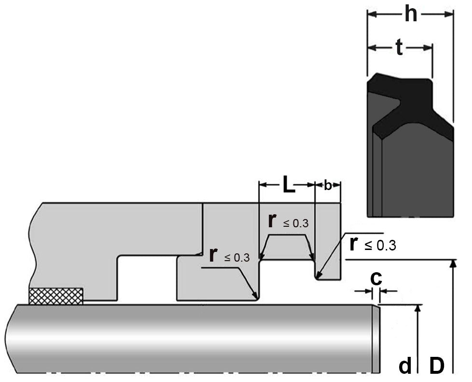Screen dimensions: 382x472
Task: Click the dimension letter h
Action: [x=411, y=15]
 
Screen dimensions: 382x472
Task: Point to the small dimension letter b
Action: [x=328, y=185]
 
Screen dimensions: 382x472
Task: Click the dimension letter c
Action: [x=375, y=278]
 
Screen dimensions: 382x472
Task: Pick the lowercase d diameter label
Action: [x=405, y=366]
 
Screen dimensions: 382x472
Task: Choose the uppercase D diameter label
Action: [x=436, y=366]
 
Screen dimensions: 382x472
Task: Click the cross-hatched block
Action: [x=56, y=296]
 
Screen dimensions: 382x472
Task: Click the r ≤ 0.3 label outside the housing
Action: [x=372, y=245]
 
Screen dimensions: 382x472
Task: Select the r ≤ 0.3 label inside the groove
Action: [x=288, y=221]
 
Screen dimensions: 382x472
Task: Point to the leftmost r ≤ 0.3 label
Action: [x=229, y=256]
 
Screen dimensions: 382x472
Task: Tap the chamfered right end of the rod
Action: [x=376, y=338]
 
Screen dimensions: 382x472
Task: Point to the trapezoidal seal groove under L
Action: [x=287, y=247]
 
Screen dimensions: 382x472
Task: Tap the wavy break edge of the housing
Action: [x=33, y=247]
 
